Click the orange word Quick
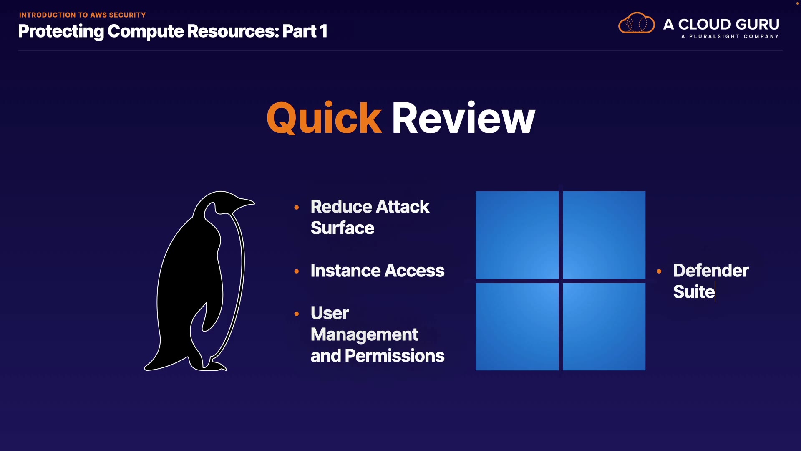click(324, 118)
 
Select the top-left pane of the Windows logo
click(517, 235)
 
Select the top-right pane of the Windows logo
click(604, 235)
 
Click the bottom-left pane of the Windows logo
click(517, 327)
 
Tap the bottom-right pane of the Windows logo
click(604, 327)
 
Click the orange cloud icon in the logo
click(637, 23)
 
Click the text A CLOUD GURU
click(721, 24)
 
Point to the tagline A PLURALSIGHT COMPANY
click(730, 36)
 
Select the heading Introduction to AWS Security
click(82, 15)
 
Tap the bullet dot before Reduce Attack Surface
click(297, 207)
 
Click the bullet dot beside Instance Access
click(297, 271)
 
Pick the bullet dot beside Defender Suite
click(659, 271)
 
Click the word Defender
click(711, 271)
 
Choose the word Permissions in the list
click(395, 356)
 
